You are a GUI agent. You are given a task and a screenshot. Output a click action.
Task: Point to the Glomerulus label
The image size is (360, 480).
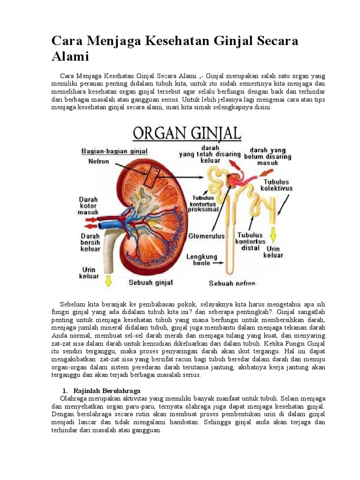(206, 236)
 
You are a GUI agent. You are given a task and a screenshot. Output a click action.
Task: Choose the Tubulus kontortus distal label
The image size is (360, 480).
(250, 241)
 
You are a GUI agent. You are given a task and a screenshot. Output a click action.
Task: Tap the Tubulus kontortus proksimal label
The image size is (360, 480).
(204, 204)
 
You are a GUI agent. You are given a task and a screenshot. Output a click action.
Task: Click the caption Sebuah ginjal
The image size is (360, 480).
(151, 283)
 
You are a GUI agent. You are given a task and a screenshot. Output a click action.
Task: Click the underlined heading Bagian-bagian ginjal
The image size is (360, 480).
(114, 151)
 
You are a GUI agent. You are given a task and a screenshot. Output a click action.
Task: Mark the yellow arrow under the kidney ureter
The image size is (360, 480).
(109, 281)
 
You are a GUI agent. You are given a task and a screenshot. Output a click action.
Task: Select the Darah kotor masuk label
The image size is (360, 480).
(89, 205)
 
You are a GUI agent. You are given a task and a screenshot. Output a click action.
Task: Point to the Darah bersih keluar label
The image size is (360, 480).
(90, 242)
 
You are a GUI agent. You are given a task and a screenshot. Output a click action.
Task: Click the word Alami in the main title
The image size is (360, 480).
(70, 57)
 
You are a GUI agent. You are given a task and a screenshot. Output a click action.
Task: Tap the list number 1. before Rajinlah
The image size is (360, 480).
(66, 390)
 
